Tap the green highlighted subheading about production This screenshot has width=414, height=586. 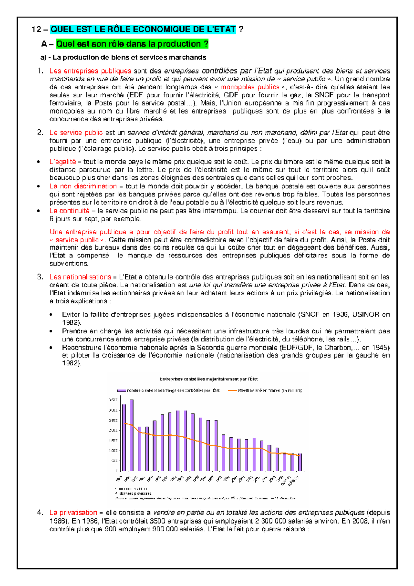132,44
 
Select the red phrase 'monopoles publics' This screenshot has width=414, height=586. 250,87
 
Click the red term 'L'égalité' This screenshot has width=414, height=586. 62,162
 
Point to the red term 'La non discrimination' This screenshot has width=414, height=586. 83,186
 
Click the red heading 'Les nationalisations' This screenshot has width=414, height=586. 80,277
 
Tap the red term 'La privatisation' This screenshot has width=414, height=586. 73,512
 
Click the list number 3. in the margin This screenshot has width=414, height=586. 40,276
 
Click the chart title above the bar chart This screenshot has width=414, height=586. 209,379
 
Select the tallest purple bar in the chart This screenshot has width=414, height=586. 132,435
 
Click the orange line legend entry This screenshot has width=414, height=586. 266,391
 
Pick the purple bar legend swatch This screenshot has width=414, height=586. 121,391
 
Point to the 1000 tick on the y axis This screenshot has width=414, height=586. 113,451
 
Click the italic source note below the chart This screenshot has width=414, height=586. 205,498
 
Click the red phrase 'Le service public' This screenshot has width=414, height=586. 76,133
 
